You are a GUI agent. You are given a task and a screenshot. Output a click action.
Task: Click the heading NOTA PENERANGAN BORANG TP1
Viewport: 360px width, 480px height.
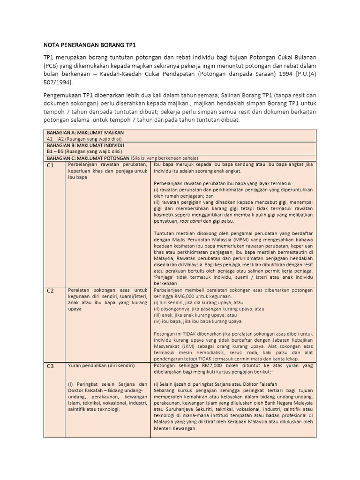click(83, 46)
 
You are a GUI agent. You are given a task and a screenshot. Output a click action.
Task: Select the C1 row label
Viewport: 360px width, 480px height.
click(51, 166)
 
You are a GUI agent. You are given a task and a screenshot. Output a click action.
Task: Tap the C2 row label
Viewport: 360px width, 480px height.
click(51, 291)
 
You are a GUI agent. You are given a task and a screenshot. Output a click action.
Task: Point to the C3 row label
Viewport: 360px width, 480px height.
click(51, 367)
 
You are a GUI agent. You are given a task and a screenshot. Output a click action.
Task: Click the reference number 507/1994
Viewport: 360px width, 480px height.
click(58, 82)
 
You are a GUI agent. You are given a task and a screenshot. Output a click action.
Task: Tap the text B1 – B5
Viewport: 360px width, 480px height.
click(55, 151)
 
